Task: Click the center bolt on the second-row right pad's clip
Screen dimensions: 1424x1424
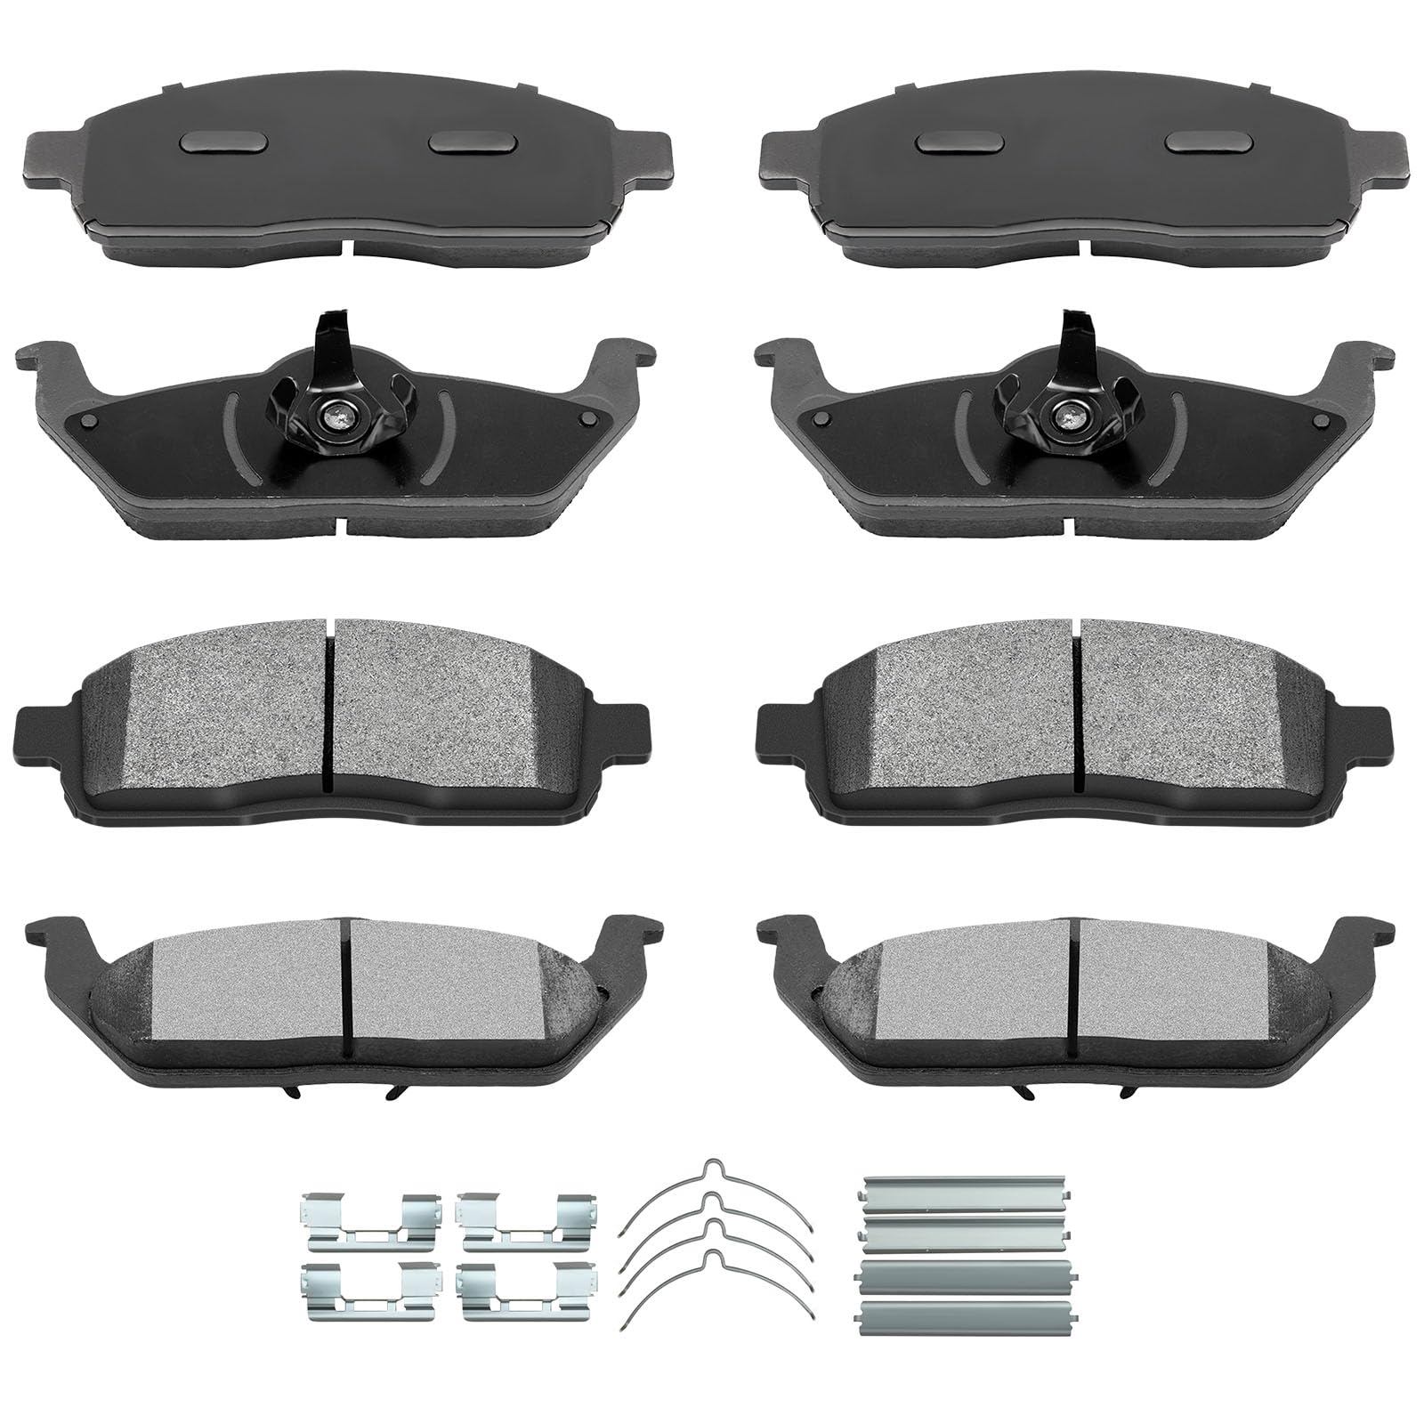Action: pos(1064,415)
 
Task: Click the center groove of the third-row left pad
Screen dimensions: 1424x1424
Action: pos(328,703)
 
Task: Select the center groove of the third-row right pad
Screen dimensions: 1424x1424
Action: pos(1078,703)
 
